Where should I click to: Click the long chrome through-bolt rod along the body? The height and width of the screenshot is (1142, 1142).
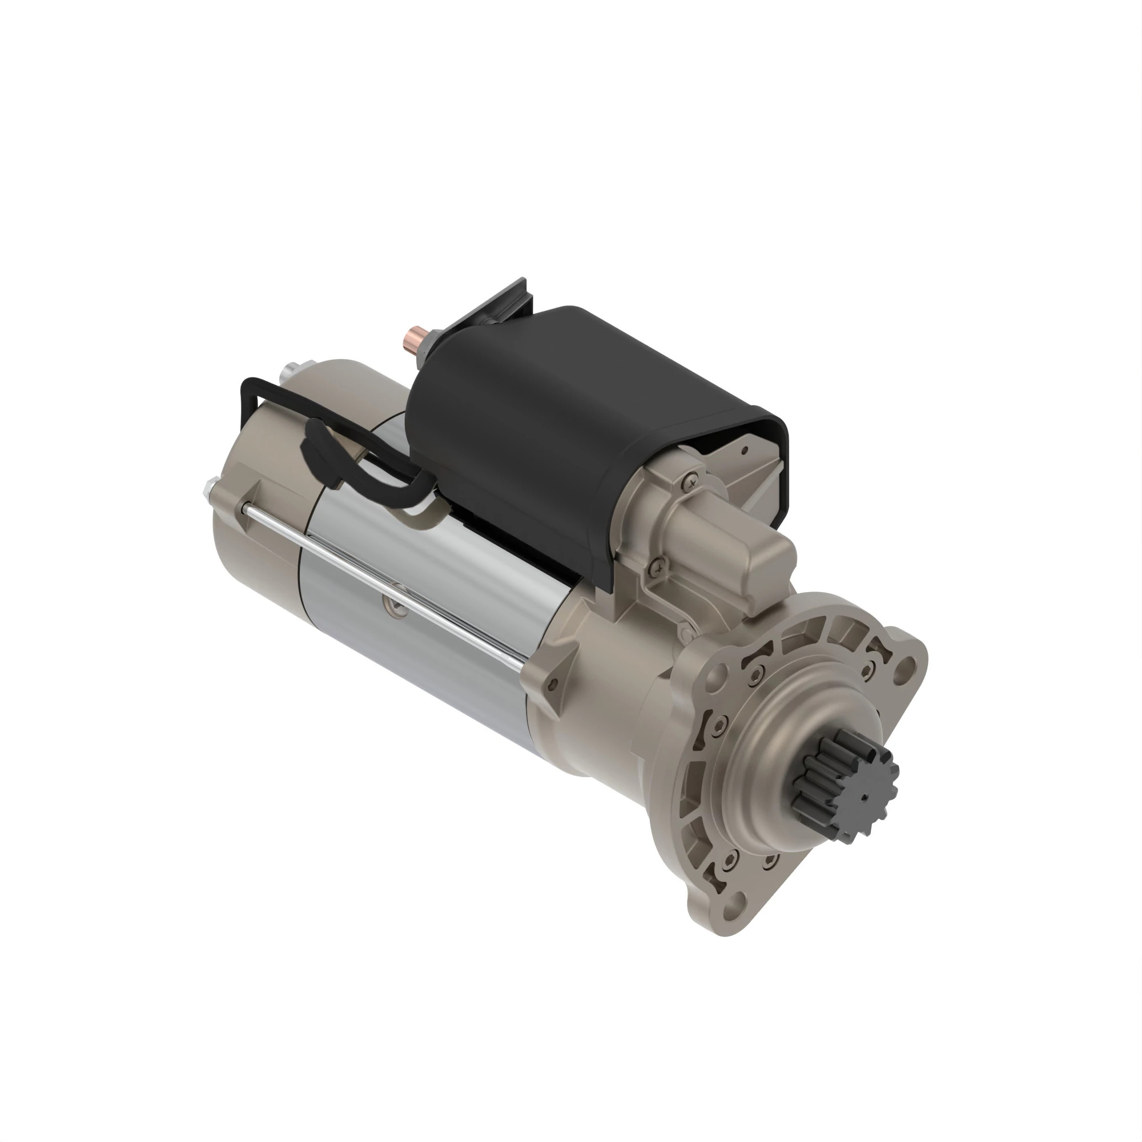(384, 585)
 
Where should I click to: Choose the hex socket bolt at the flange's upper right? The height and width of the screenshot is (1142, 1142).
(868, 670)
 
